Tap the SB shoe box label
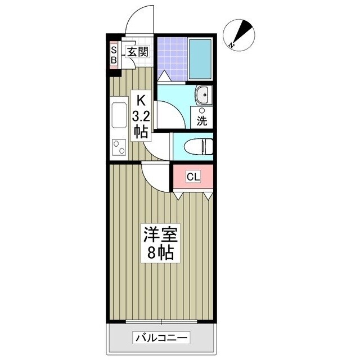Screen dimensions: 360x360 pos(114,53)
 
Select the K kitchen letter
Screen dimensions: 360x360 pos(141,102)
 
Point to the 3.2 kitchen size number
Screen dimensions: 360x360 pos(141,117)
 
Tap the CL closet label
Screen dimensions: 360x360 pos(193,177)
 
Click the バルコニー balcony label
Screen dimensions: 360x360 pos(161,338)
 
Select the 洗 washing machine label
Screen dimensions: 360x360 pos(202,120)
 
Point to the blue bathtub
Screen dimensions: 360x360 pos(200,60)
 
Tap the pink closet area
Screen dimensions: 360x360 pos(193,177)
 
